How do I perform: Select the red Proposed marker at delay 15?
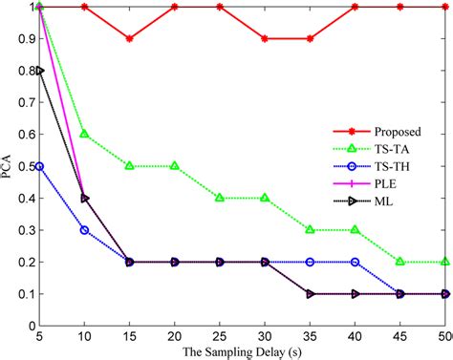[x=130, y=39]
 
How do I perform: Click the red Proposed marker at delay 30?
[x=265, y=39]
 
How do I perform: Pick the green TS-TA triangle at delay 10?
[x=85, y=134]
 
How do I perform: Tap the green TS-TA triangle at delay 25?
[x=220, y=198]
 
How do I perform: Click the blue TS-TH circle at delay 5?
[x=40, y=166]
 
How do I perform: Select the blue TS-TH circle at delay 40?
[x=355, y=262]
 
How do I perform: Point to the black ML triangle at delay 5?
[x=40, y=71]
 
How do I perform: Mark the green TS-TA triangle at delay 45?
[x=399, y=262]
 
